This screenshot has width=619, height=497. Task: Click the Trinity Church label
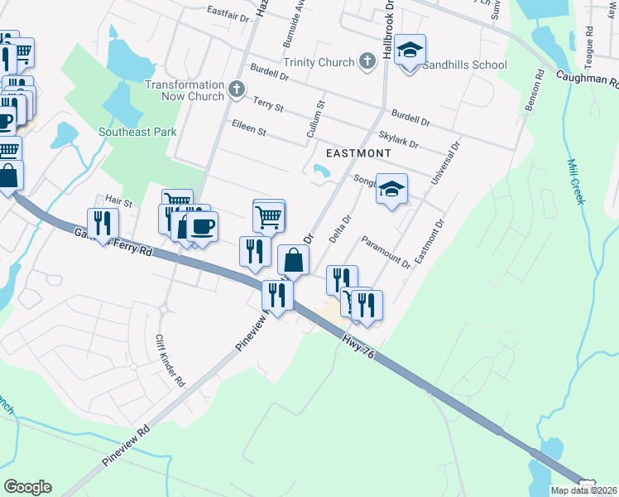pos(319,62)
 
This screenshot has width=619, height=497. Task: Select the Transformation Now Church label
pos(185,90)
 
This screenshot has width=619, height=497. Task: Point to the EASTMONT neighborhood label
pos(357,153)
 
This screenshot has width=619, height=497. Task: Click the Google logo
pos(26,487)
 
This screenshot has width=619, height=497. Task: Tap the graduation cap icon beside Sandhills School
pos(410,51)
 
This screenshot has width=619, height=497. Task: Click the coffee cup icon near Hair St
pos(202,224)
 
